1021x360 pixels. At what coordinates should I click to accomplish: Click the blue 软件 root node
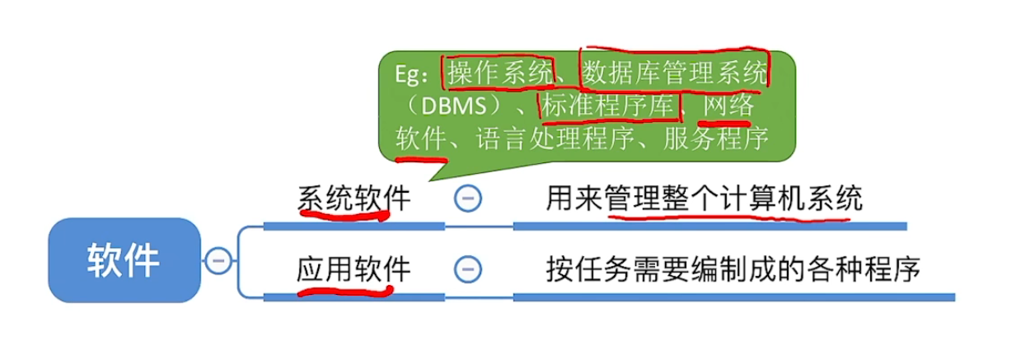pyautogui.click(x=124, y=260)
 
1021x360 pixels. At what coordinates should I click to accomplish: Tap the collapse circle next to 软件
pyautogui.click(x=218, y=260)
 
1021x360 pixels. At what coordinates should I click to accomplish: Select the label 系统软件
pyautogui.click(x=354, y=199)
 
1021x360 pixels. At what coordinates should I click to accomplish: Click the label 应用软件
pyautogui.click(x=354, y=269)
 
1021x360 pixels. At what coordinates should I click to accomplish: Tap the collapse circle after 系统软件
pyautogui.click(x=467, y=199)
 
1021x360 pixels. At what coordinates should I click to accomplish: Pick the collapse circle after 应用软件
pyautogui.click(x=467, y=269)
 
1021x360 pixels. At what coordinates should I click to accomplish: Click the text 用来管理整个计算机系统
pyautogui.click(x=704, y=199)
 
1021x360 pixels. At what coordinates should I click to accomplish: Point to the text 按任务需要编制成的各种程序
pyautogui.click(x=733, y=269)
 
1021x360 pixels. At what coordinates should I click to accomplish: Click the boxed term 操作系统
pyautogui.click(x=499, y=74)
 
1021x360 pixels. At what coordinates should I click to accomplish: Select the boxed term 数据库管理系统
pyautogui.click(x=674, y=74)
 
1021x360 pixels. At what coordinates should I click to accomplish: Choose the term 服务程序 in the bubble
pyautogui.click(x=716, y=138)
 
